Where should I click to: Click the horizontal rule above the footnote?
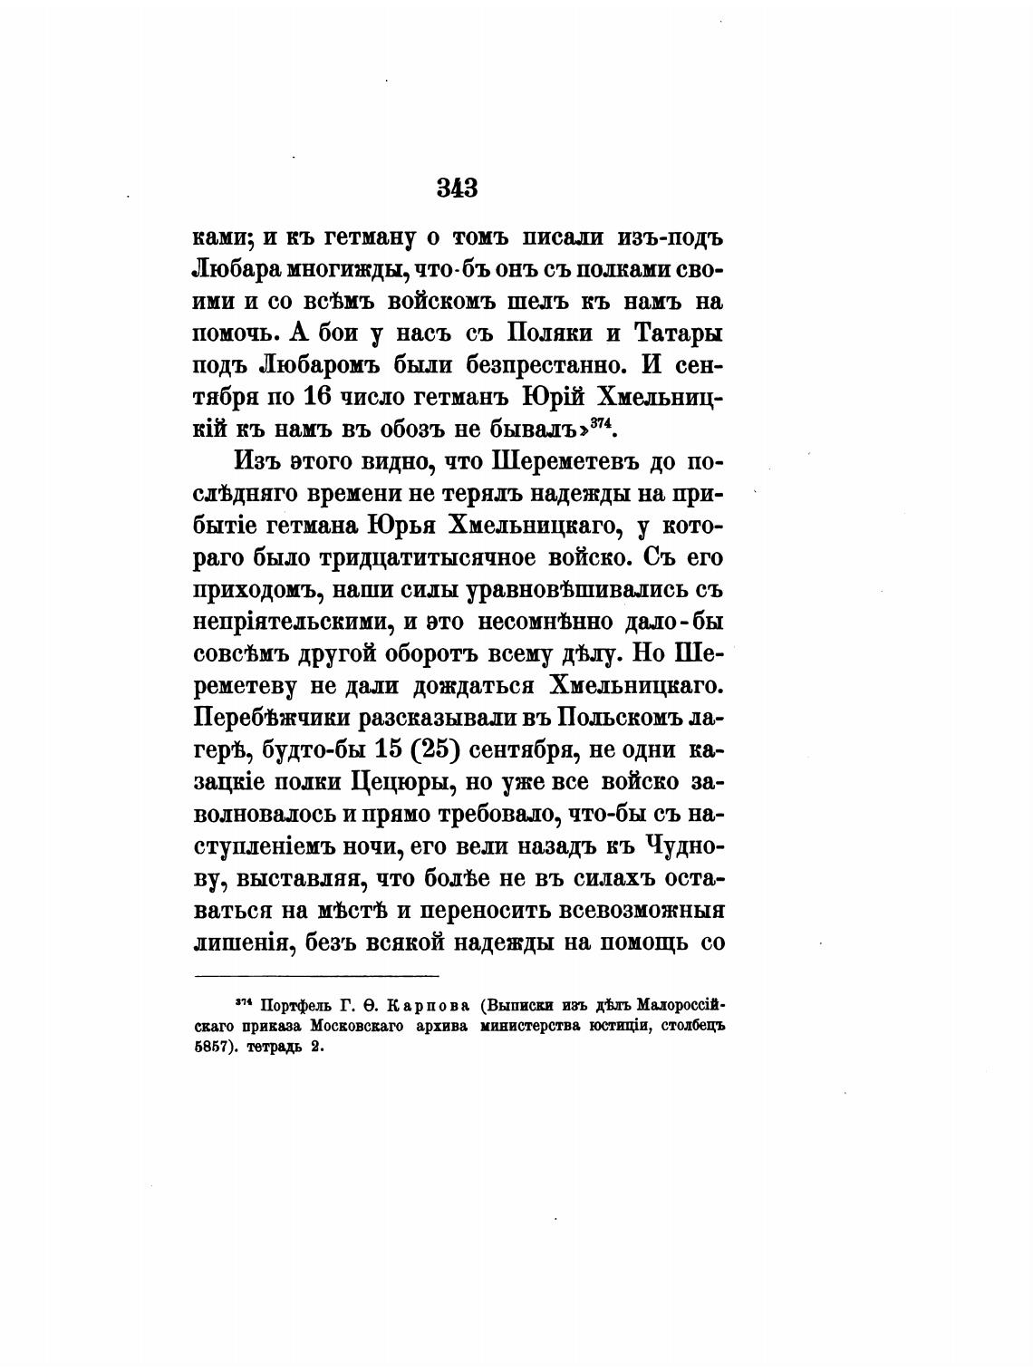click(317, 976)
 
